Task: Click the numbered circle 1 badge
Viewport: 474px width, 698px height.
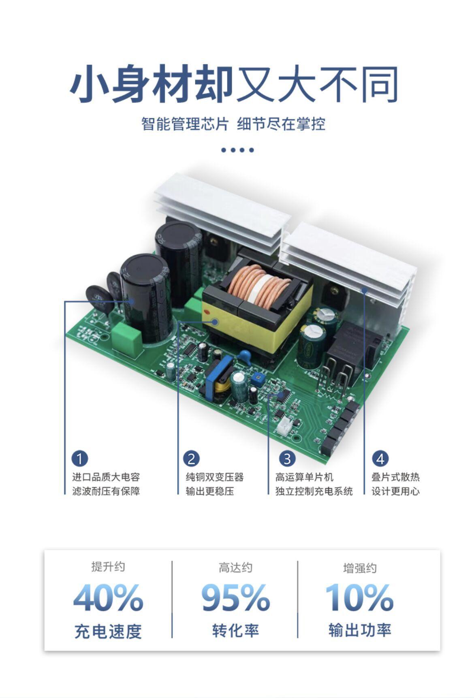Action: coord(80,459)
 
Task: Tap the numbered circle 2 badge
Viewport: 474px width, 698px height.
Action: coord(191,459)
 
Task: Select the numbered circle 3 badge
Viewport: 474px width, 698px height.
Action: coord(287,459)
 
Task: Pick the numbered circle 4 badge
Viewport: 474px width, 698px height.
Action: coord(380,459)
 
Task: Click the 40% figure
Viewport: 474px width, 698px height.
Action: coord(108,598)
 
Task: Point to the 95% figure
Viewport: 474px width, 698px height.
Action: coord(235,598)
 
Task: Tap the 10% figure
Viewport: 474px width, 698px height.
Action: coord(359,598)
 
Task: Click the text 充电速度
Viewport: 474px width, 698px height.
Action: coord(108,631)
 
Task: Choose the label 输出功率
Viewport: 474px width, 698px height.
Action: coord(360,630)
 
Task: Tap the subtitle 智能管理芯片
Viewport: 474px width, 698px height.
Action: coord(185,124)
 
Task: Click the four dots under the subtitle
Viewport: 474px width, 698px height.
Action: coord(237,150)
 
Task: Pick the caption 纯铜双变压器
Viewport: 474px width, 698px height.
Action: coord(215,477)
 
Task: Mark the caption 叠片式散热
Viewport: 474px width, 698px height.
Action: coord(395,477)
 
